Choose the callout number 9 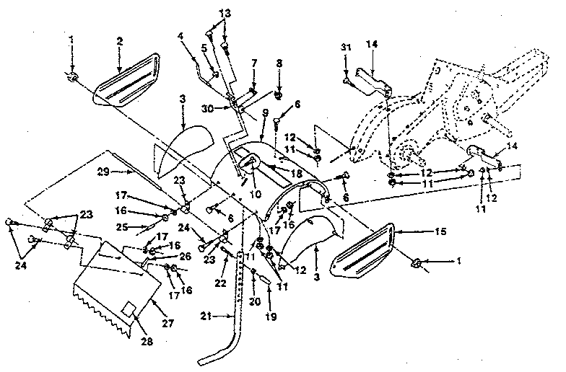coord(266,112)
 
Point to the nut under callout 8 coord(279,94)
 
